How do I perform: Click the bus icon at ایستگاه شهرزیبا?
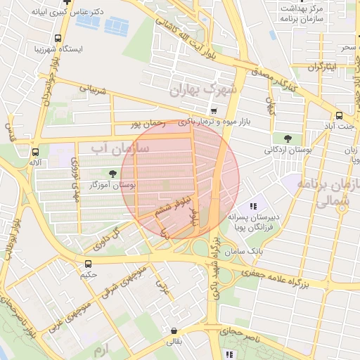coord(57,39)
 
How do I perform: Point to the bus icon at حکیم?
coord(88,264)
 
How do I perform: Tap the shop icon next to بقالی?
coord(173,330)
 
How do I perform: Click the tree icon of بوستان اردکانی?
coord(288,138)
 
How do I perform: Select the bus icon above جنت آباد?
coord(339,115)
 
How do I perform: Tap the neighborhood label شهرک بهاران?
coord(204,90)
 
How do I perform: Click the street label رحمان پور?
coord(148,124)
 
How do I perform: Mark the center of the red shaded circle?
coord(180,180)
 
